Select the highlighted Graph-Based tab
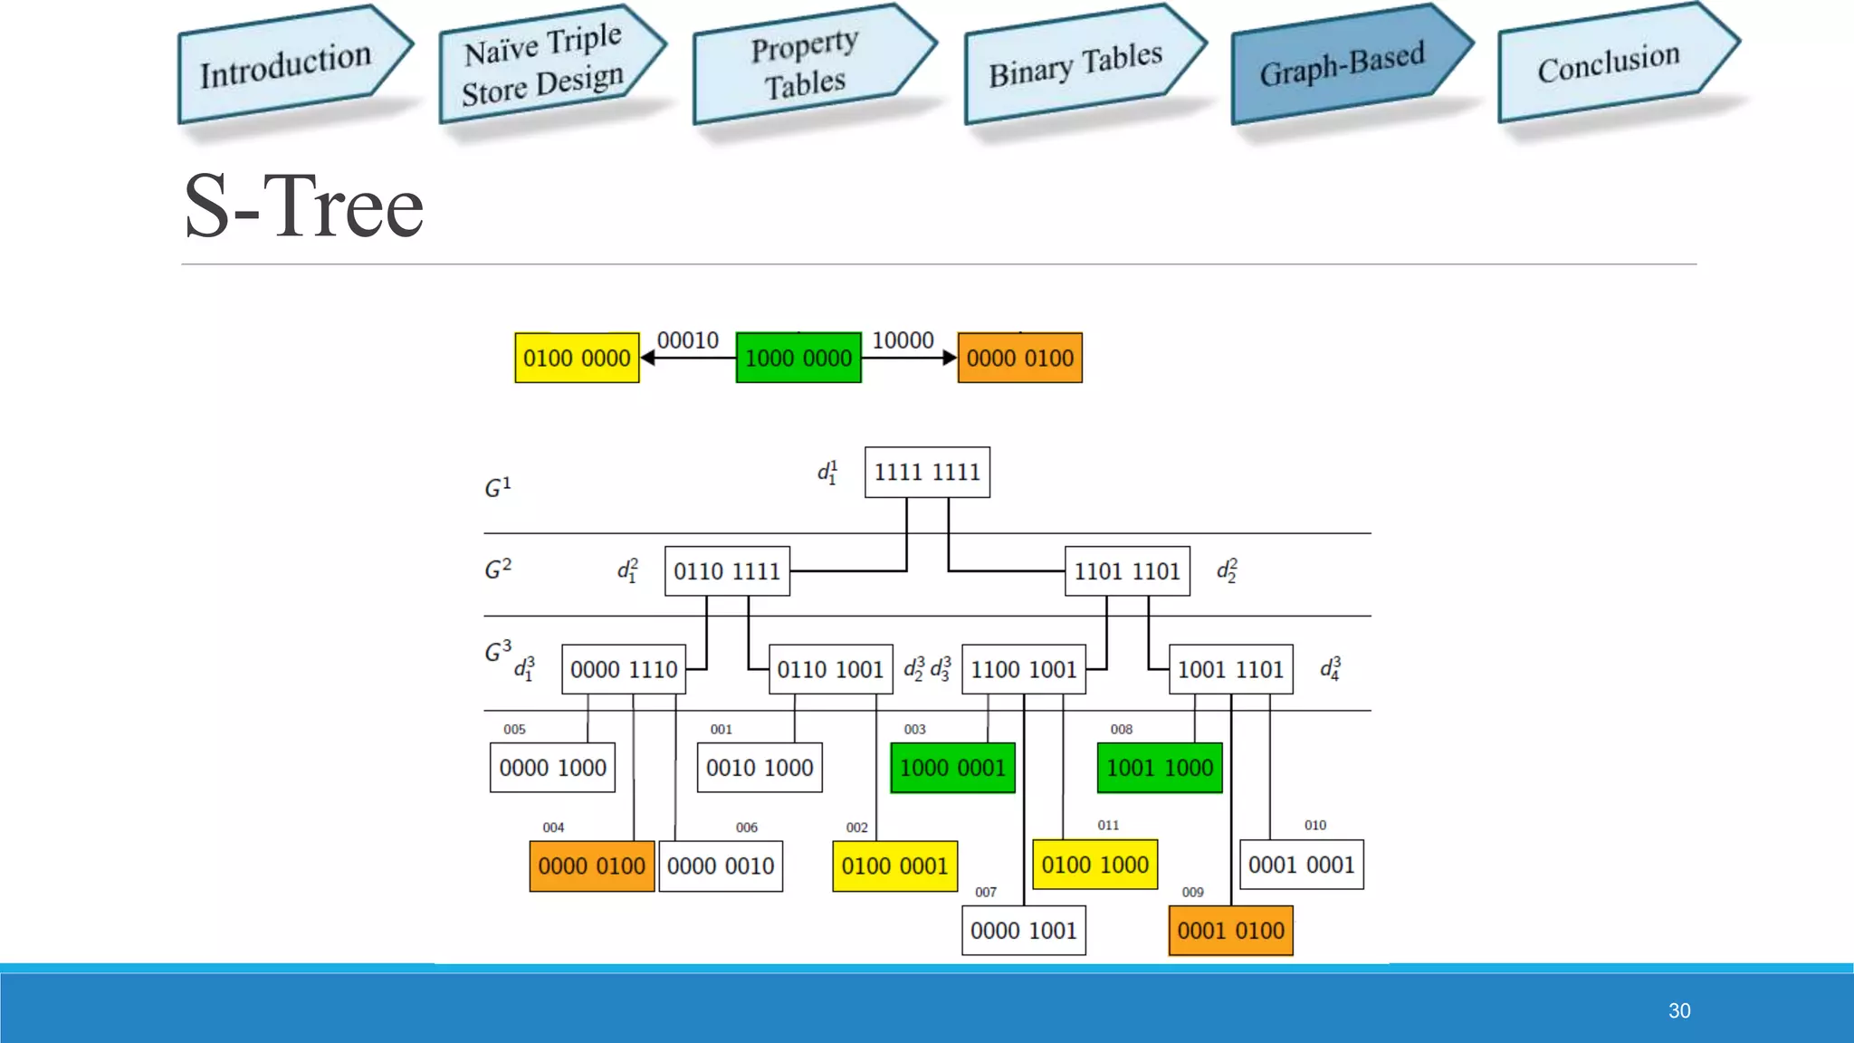[x=1343, y=64]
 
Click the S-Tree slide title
[x=304, y=207]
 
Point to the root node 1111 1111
[x=927, y=472]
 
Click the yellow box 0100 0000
[x=577, y=358]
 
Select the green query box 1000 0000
[x=798, y=358]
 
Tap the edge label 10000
[x=903, y=340]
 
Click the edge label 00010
[x=688, y=340]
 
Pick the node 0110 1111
[x=727, y=571]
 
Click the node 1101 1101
[x=1127, y=571]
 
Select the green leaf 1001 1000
[x=1160, y=768]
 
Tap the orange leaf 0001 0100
[x=1230, y=931]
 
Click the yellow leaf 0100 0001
[x=894, y=866]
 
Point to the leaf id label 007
[x=986, y=892]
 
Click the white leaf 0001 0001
[x=1301, y=865]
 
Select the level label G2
[x=498, y=569]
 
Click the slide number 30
[x=1679, y=1010]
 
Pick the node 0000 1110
[x=624, y=669]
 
